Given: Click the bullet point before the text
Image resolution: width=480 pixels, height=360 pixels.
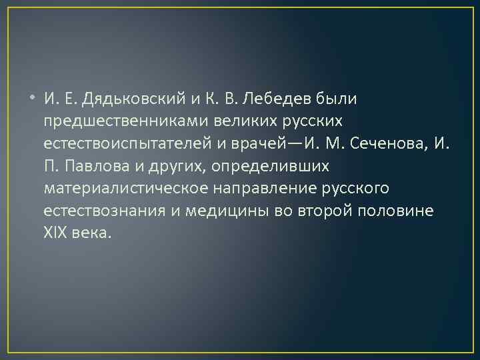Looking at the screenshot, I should click(34, 99).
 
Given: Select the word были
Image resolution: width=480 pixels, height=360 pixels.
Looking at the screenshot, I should click(340, 99).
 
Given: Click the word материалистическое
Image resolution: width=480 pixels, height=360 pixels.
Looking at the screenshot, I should click(127, 189).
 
